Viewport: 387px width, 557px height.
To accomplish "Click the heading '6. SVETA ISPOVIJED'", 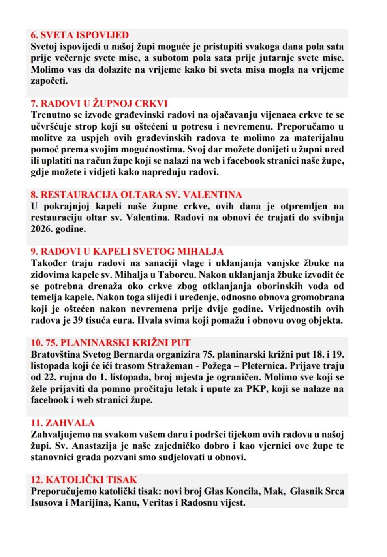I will tap(80, 35).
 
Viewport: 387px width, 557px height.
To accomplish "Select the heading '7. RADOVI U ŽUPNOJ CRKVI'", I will tap(99, 103).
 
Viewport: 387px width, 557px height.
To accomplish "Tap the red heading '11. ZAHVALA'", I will tap(63, 423).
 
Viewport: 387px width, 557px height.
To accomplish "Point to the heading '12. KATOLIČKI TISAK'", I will tap(84, 480).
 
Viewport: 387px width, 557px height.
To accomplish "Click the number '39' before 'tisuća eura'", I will tap(78, 320).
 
